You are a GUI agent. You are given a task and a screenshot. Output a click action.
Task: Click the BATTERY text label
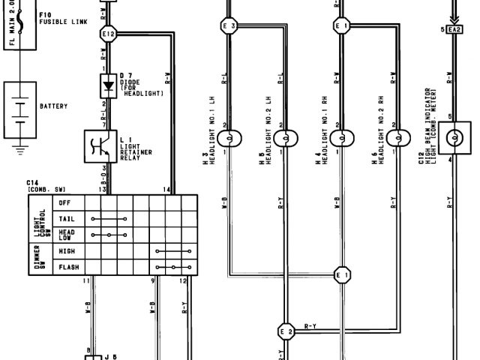coord(53,106)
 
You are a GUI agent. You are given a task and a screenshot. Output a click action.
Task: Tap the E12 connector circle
coord(107,34)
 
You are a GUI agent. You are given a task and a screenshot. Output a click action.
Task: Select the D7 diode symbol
coord(107,84)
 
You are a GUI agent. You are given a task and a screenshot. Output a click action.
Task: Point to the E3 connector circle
coord(228,26)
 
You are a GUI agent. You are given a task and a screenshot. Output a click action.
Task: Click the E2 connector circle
coord(285,331)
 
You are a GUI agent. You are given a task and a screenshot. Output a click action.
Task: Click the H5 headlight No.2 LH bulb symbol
coord(285,138)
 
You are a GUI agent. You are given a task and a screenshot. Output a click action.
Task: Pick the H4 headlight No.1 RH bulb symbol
coord(342,138)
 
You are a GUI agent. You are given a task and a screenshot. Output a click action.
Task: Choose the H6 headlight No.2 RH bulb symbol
coord(398,138)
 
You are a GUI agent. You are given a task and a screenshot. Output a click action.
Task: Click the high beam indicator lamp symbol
coord(454,138)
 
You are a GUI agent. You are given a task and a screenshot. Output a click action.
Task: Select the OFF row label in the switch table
coord(66,202)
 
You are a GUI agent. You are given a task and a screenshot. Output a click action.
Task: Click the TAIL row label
coord(67,218)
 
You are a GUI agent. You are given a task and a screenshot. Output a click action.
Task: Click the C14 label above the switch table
coord(32,182)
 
